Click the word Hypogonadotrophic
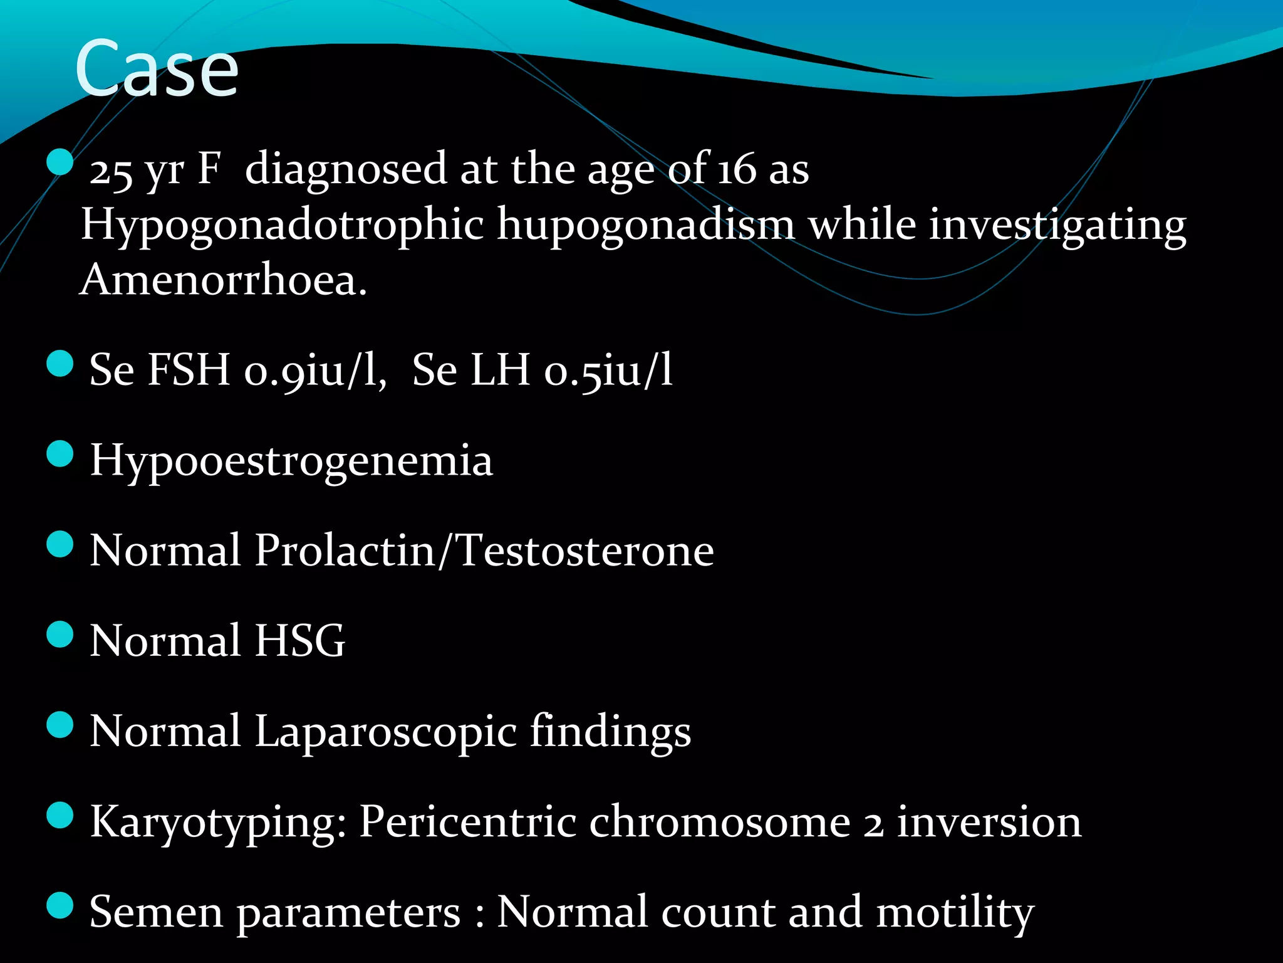pos(283,225)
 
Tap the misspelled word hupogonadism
pos(646,225)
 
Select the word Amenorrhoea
pos(223,279)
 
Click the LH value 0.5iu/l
pos(608,370)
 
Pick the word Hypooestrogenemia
pos(291,461)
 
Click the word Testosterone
pos(586,550)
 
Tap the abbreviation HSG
pos(299,641)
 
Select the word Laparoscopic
pos(386,732)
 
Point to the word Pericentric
pos(467,822)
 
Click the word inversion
pos(989,822)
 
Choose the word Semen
pos(157,912)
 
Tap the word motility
pos(955,912)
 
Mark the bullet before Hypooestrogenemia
pos(60,454)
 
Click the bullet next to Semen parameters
pos(60,905)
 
